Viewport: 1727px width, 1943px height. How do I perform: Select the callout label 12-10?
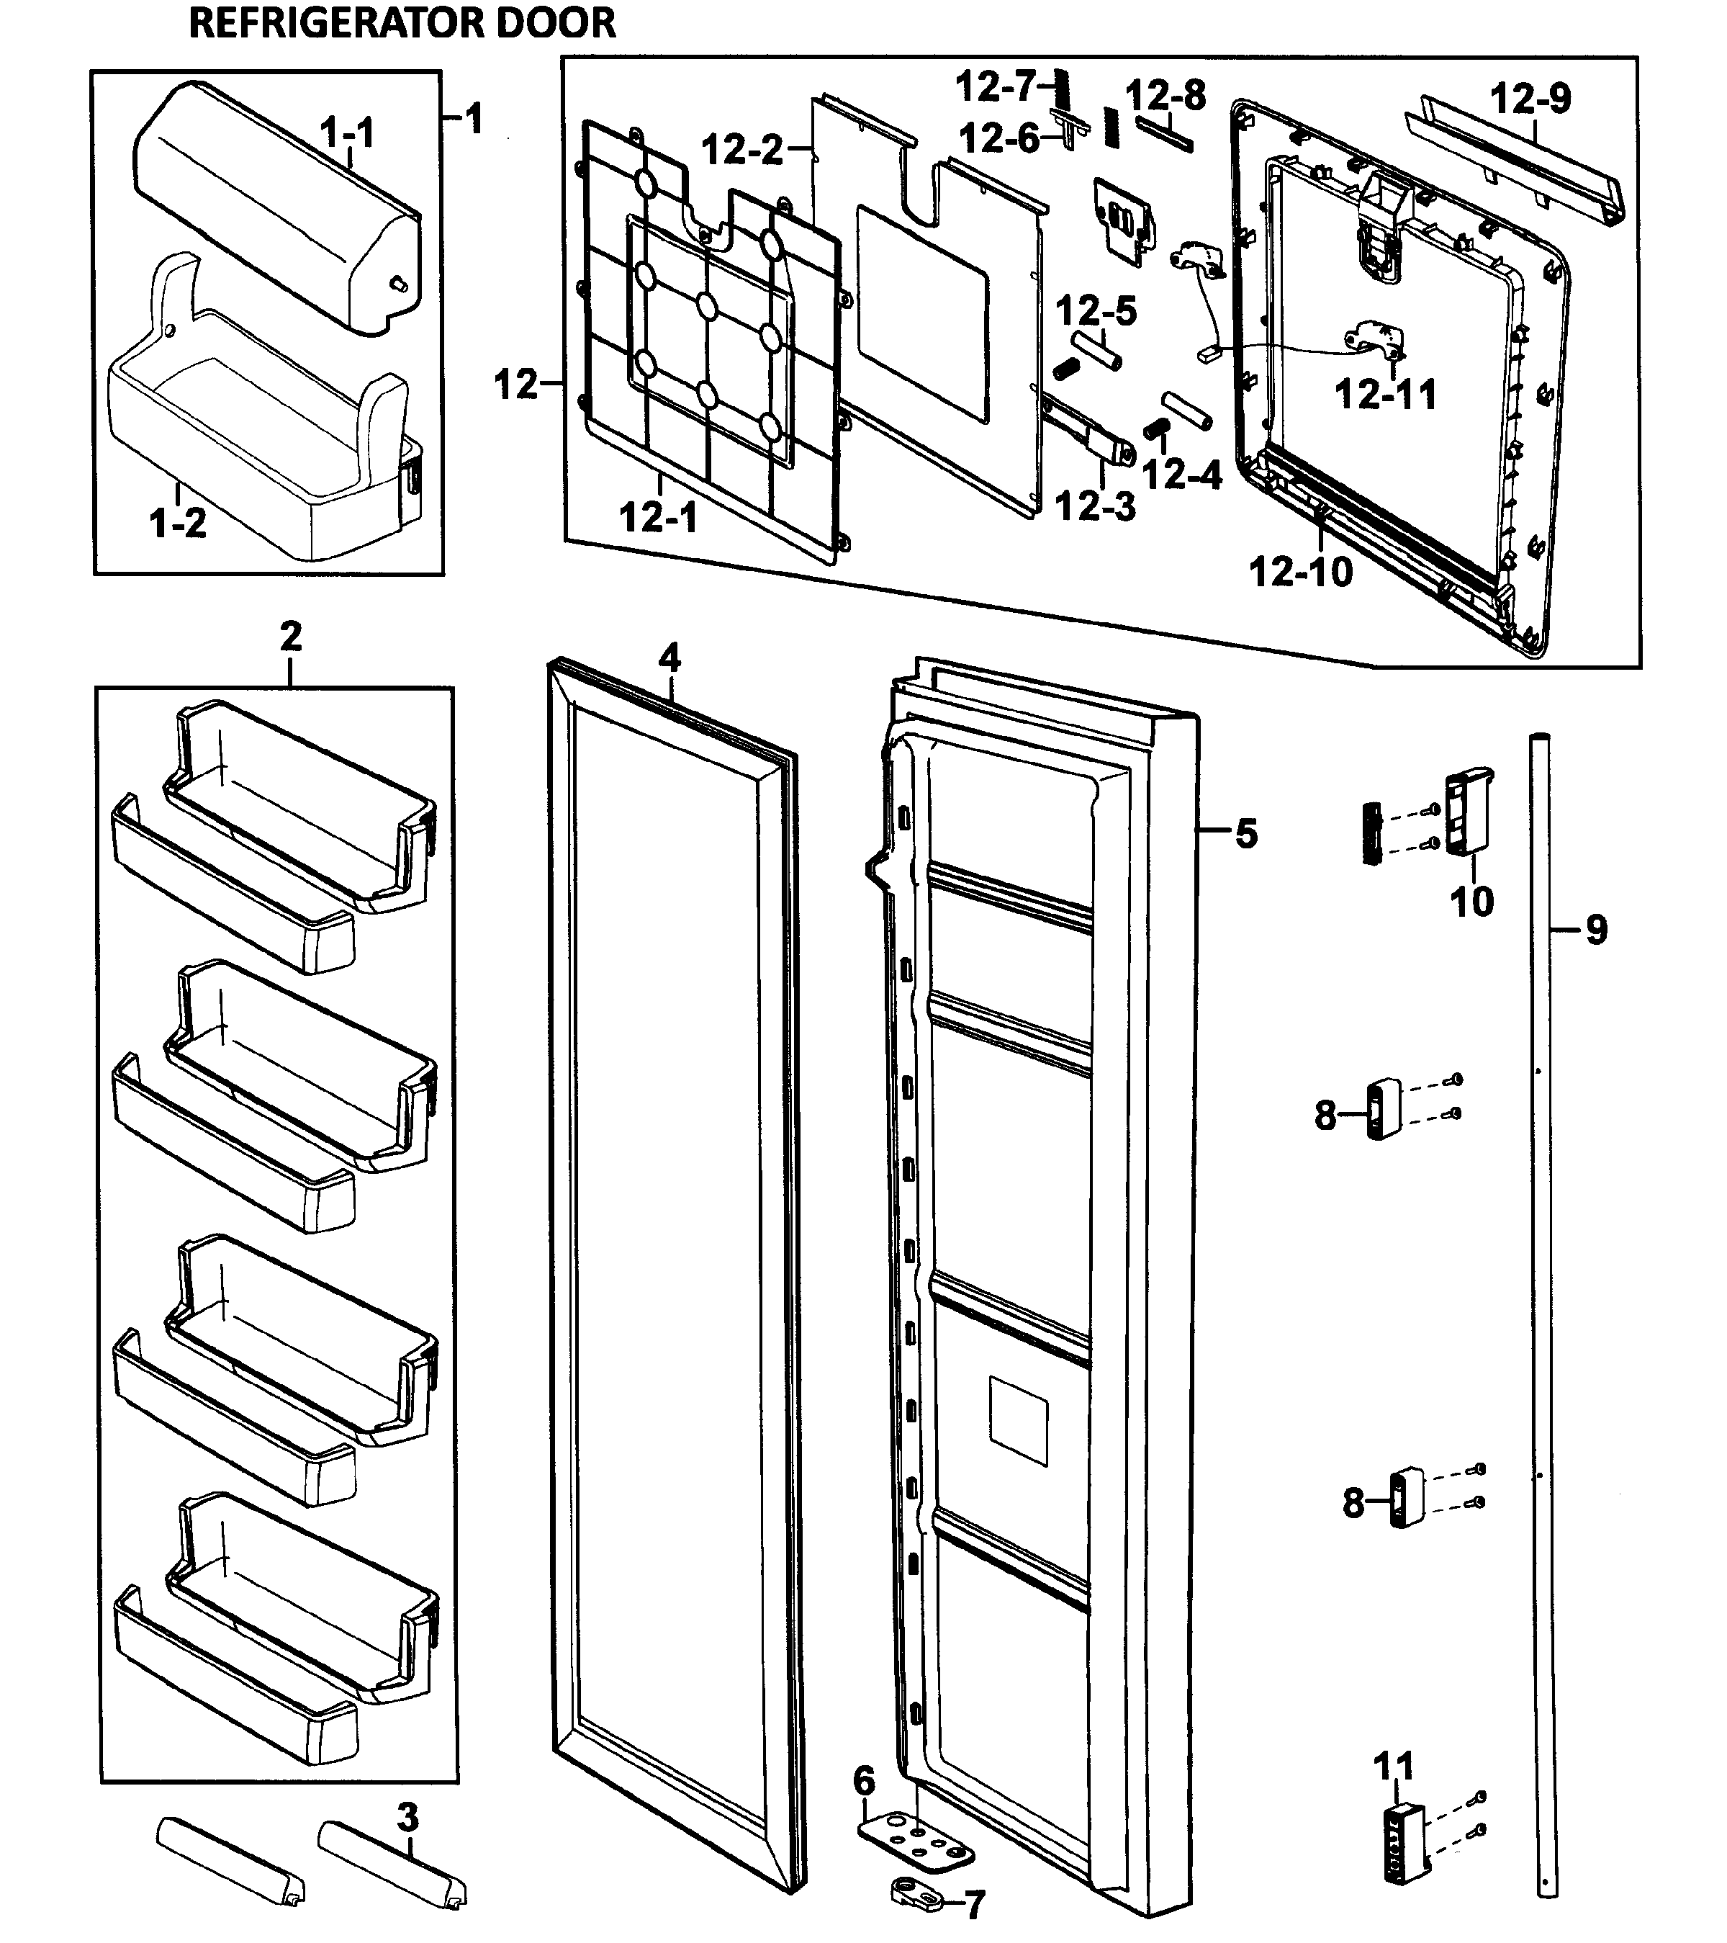pos(1299,573)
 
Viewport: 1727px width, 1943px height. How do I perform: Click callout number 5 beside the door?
pos(1246,834)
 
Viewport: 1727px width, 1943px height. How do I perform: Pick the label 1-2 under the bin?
pos(178,523)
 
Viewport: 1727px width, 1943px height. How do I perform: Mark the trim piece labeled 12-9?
pos(1516,161)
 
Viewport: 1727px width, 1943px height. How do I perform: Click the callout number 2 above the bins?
pos(290,636)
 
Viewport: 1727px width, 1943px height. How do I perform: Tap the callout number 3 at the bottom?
pos(407,1818)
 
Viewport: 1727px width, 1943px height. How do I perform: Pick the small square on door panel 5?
pos(1018,1420)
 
